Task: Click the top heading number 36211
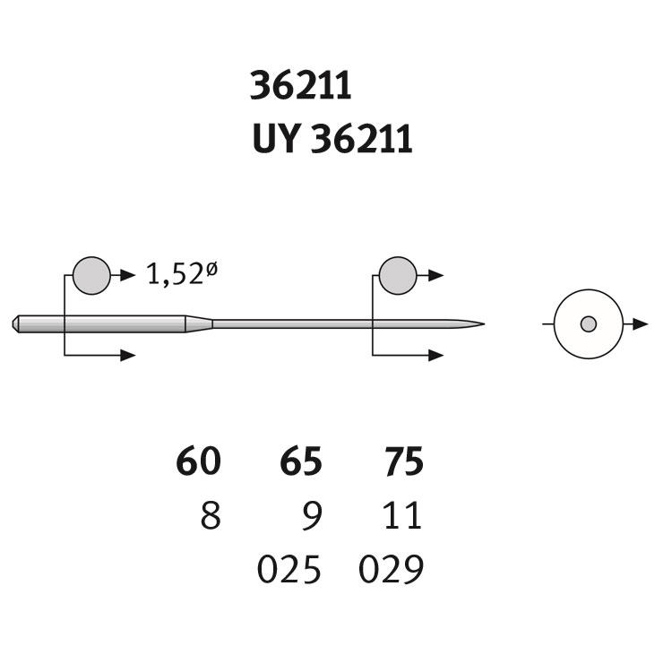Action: pos(300,86)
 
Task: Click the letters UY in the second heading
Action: pos(275,138)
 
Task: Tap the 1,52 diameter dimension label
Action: pos(182,273)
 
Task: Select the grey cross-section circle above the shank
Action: pos(91,276)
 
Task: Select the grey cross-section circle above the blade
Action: pos(398,276)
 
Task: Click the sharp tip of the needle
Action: pos(484,324)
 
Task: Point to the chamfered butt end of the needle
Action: pos(15,324)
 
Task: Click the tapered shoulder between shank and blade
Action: pos(199,324)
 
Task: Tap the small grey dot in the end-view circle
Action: pos(589,324)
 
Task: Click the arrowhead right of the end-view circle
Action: pos(640,324)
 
